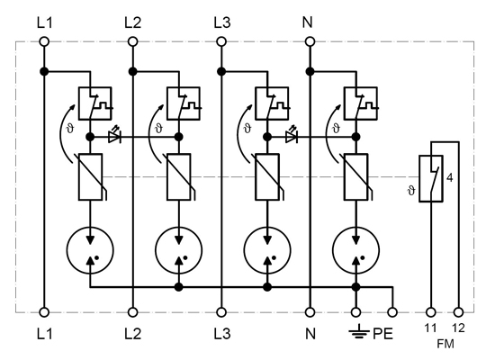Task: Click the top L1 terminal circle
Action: [44, 41]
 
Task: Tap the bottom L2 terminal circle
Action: [133, 312]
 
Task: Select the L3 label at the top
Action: [222, 22]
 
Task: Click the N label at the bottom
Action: [310, 334]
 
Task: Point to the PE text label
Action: [382, 334]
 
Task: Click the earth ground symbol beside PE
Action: [359, 333]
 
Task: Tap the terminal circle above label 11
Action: [431, 312]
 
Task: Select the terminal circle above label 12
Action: [458, 312]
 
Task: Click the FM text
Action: [445, 344]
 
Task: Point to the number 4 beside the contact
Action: [450, 178]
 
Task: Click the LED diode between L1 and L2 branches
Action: [114, 136]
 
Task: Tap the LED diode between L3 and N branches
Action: [291, 136]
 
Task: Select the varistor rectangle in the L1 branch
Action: [90, 176]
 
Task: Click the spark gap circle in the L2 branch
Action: [178, 250]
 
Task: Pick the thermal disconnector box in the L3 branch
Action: [272, 103]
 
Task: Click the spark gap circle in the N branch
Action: [355, 250]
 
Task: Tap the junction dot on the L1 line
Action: [44, 72]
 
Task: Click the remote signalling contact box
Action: [431, 178]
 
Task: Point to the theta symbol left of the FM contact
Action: [411, 191]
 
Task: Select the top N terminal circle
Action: [310, 41]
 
